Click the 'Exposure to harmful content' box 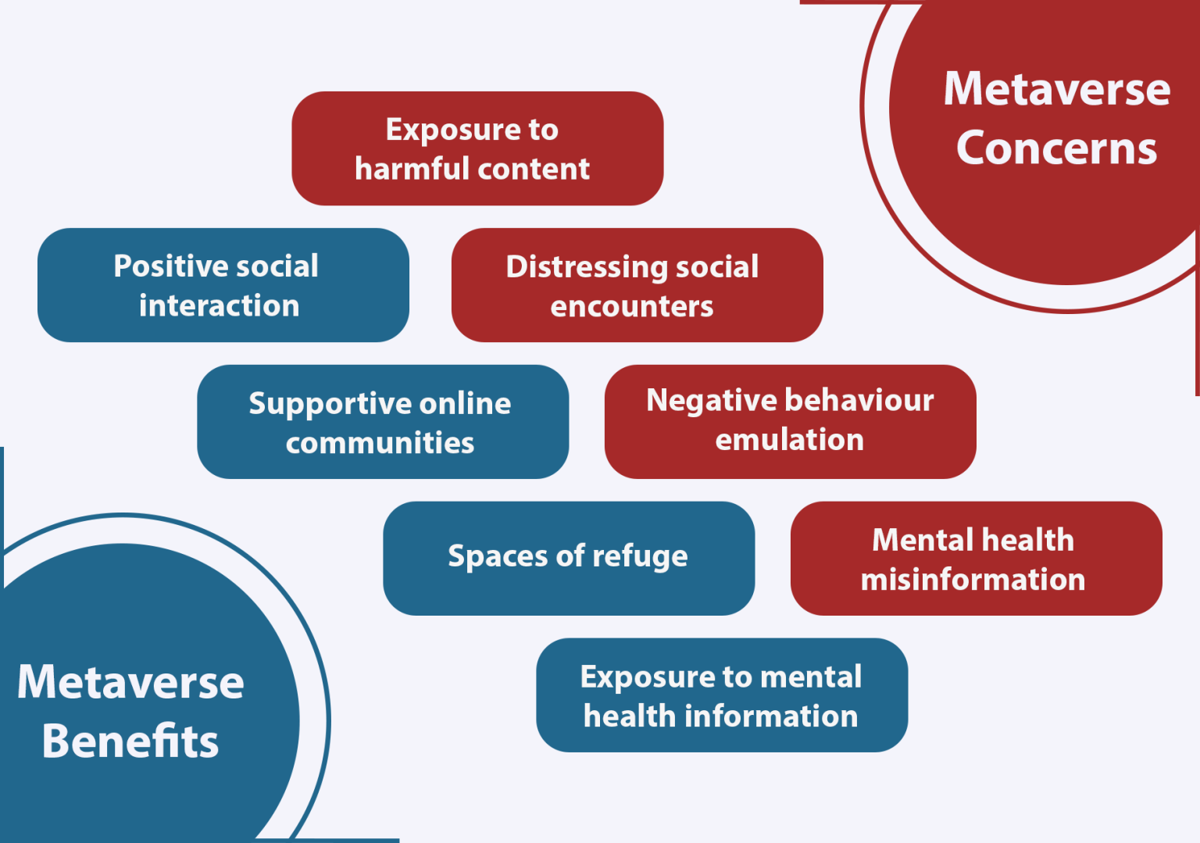click(477, 148)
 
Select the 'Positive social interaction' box click(223, 285)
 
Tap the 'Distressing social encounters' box click(637, 285)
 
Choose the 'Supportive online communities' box click(383, 422)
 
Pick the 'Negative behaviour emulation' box click(790, 422)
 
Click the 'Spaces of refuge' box click(569, 558)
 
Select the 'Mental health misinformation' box click(977, 558)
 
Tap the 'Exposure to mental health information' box click(722, 695)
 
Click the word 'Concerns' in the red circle click(1056, 148)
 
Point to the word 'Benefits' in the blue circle click(130, 741)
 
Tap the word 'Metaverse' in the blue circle click(130, 681)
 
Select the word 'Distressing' click(587, 266)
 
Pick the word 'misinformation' click(973, 580)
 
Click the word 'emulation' click(790, 440)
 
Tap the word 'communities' click(380, 443)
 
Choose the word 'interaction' click(219, 305)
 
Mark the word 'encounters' click(631, 306)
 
